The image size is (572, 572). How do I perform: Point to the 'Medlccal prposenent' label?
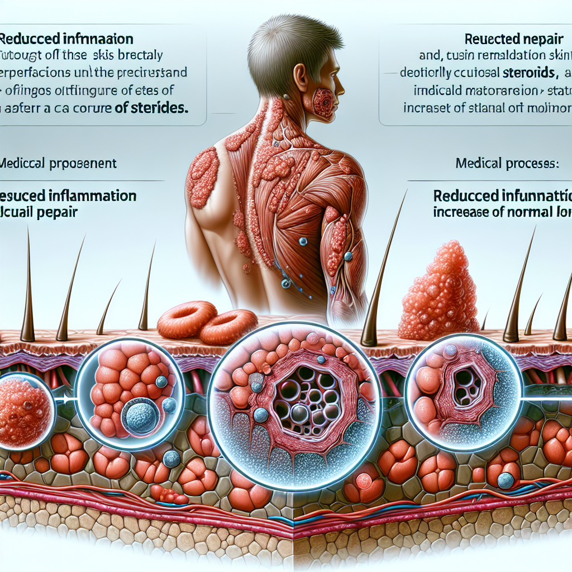tap(59, 164)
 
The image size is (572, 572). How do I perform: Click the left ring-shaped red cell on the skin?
tap(187, 320)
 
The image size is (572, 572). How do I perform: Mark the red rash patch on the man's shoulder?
tap(203, 170)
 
